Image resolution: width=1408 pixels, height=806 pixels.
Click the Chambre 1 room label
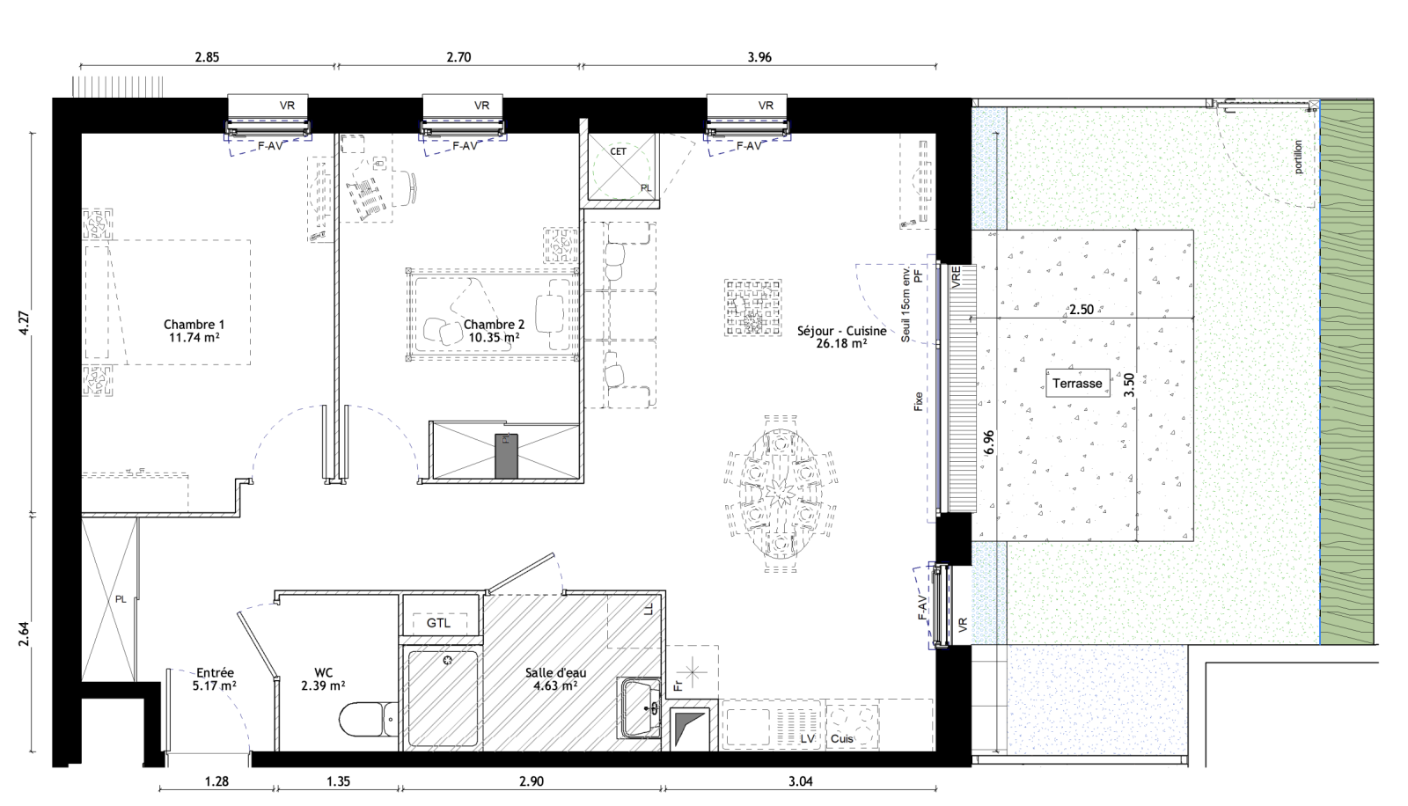click(194, 325)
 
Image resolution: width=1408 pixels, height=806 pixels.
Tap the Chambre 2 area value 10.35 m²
click(494, 338)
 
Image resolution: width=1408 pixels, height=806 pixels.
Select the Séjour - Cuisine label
click(841, 331)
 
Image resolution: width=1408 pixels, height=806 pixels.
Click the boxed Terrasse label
click(1077, 383)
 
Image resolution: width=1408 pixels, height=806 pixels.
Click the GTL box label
click(439, 623)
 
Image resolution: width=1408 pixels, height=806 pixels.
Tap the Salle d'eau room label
click(555, 673)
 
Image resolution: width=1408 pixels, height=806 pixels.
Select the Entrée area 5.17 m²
click(215, 685)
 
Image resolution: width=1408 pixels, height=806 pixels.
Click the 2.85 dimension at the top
click(207, 57)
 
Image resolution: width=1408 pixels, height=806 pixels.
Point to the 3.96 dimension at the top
click(759, 57)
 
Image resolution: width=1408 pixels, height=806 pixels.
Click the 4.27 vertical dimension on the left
click(25, 323)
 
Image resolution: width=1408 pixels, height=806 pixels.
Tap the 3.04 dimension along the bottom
click(800, 782)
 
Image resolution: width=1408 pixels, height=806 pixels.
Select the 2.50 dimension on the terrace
click(1082, 310)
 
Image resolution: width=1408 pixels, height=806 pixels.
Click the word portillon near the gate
click(1299, 157)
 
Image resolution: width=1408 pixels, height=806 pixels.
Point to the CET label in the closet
click(619, 151)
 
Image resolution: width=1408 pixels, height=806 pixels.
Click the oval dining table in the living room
click(780, 495)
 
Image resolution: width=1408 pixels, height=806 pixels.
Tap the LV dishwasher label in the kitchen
click(808, 739)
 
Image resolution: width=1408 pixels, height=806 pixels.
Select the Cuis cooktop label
click(841, 739)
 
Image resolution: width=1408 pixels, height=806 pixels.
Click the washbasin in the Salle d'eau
click(639, 708)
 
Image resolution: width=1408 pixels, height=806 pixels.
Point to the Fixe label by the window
click(919, 402)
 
